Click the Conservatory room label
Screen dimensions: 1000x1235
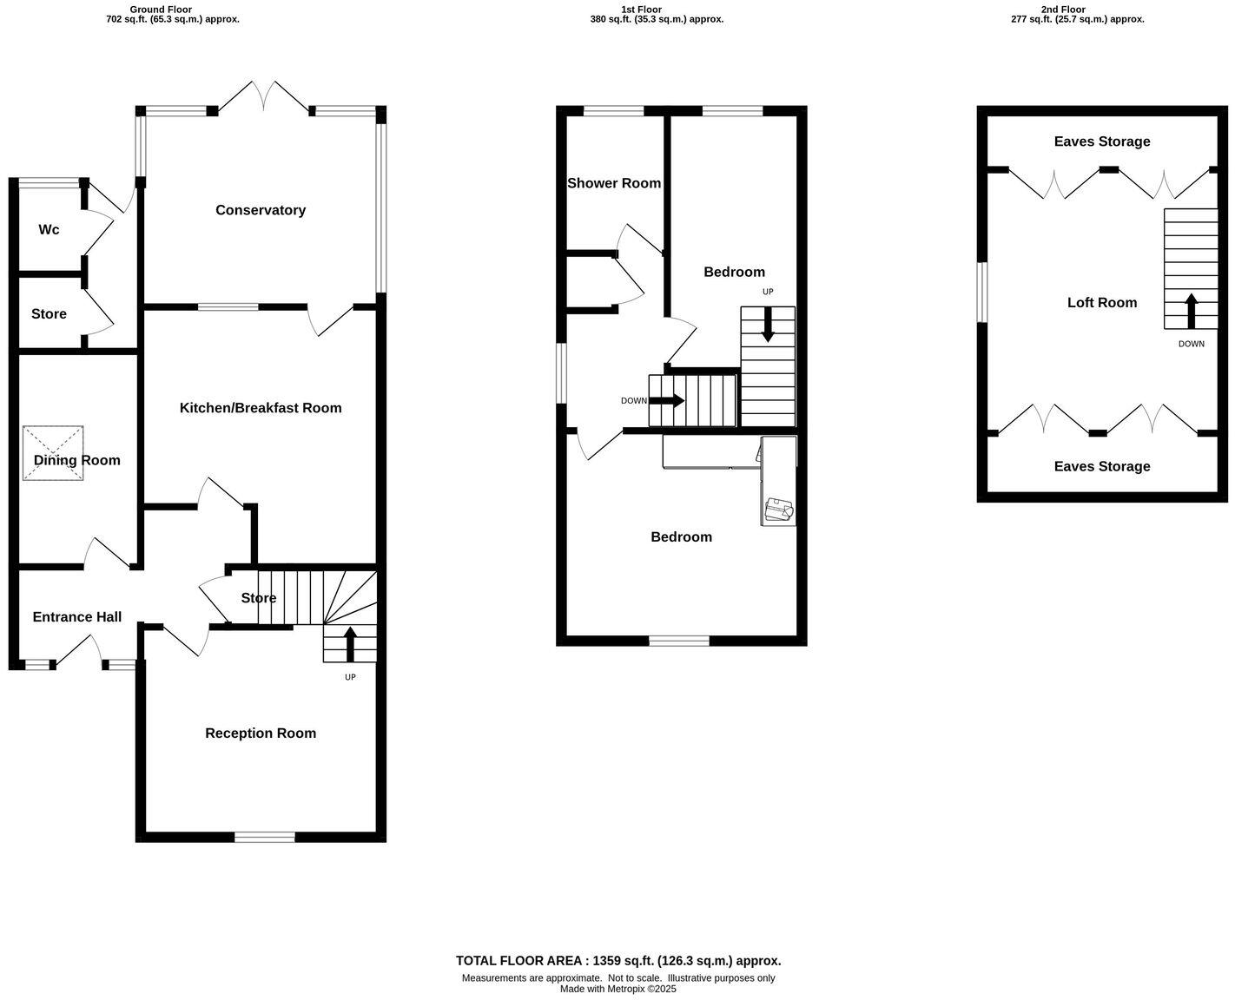point(261,210)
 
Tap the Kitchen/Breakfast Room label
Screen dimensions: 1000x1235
point(261,408)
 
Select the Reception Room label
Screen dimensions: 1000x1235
point(261,734)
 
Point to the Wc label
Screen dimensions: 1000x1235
point(49,230)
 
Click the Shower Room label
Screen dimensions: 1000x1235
point(614,183)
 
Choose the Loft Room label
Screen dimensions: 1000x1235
point(1102,303)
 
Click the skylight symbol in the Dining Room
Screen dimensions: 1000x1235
point(53,452)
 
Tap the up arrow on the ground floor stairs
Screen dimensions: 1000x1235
point(351,645)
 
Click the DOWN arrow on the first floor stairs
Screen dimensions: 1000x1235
point(666,401)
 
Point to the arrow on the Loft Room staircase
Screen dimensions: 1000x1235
point(1191,311)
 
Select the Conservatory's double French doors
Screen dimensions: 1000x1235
point(263,97)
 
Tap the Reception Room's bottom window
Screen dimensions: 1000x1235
point(265,837)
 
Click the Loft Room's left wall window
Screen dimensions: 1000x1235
point(982,293)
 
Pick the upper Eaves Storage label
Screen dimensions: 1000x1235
point(1102,141)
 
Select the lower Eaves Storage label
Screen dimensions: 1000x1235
point(1102,467)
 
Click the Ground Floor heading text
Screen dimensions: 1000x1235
point(161,10)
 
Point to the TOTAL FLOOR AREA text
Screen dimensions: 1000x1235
point(618,961)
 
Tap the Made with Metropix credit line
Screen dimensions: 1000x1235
point(618,989)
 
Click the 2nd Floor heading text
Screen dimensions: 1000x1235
point(1063,10)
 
